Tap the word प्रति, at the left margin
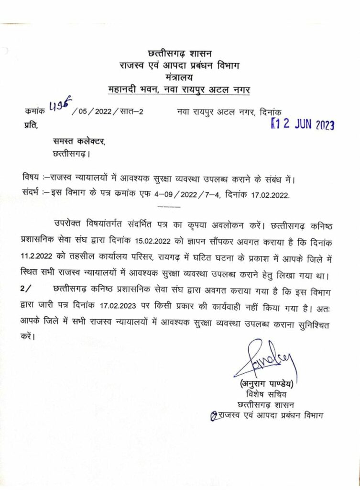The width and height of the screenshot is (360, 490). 29,125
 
